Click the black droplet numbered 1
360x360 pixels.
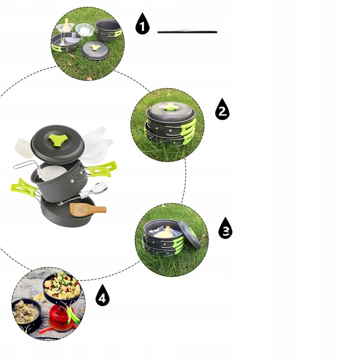point(142,24)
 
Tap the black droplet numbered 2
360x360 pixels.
point(222,109)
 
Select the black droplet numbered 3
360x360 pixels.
point(225,228)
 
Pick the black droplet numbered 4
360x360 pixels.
point(102,295)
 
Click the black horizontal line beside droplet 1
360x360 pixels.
point(187,32)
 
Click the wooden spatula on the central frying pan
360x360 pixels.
point(87,209)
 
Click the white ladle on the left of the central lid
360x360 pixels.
point(24,148)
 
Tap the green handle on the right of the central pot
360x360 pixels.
point(102,169)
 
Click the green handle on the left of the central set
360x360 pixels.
point(23,187)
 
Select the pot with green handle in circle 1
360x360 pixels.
point(108,30)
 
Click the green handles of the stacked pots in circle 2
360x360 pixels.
point(188,131)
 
